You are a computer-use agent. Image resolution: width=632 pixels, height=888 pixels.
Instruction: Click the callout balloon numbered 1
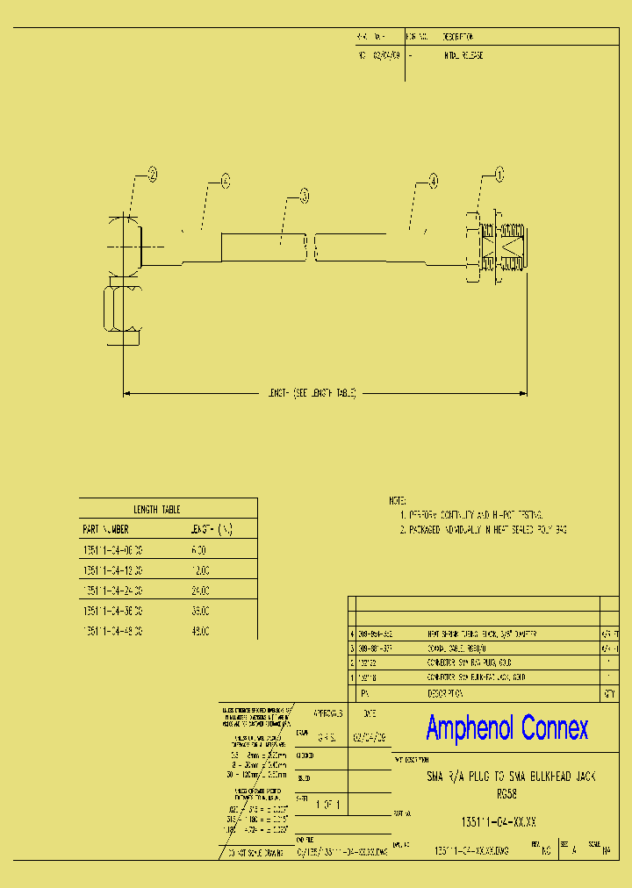[500, 175]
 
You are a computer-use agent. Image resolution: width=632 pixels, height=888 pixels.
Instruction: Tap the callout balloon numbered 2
[152, 175]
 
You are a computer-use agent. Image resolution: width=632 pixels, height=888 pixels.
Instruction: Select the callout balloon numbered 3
[304, 194]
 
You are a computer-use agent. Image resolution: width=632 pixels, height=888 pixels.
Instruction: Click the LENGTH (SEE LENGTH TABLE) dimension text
[312, 394]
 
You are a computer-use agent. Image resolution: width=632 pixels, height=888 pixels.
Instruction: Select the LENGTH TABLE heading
[156, 509]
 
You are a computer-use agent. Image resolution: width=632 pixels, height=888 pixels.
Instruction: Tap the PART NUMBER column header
[105, 529]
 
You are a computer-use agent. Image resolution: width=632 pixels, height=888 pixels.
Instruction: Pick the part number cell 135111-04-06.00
[112, 550]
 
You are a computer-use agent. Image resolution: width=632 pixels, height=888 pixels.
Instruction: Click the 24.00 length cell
[199, 591]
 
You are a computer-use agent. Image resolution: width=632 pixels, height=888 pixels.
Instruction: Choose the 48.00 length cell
[199, 631]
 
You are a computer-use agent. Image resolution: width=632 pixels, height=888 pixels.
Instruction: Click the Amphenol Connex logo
[506, 727]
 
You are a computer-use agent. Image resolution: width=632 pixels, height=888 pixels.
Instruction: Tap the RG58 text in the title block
[506, 792]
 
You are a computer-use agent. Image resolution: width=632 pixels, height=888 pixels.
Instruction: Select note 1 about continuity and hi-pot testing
[471, 514]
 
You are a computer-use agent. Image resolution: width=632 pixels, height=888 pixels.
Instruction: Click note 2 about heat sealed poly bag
[484, 530]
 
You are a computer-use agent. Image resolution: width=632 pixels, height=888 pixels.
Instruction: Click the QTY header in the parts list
[607, 692]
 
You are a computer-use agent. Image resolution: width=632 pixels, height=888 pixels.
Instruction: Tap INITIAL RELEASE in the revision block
[464, 55]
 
